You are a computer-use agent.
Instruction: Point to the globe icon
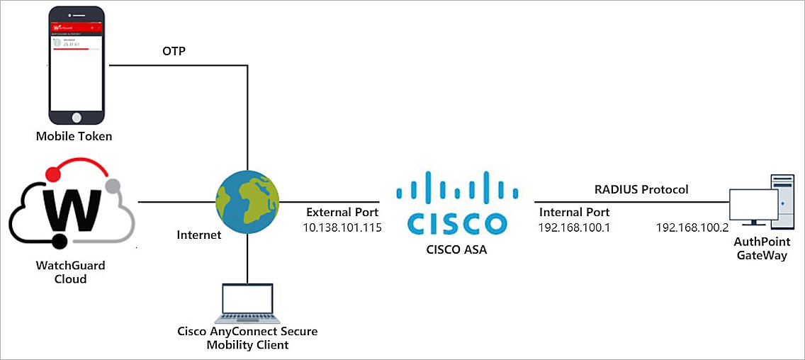[247, 202]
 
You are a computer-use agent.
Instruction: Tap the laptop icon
[247, 301]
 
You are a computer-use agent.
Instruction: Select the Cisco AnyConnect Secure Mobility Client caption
[247, 338]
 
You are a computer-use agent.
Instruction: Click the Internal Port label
[574, 212]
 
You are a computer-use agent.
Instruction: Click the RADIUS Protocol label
[641, 189]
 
